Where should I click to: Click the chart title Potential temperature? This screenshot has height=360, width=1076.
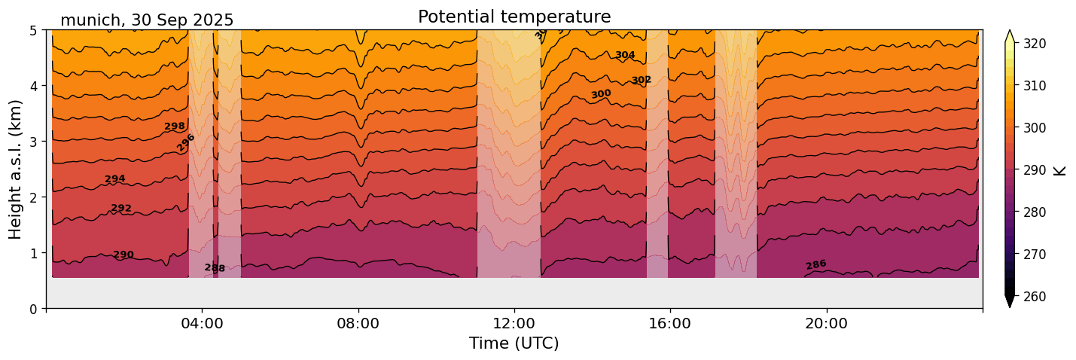[x=514, y=17]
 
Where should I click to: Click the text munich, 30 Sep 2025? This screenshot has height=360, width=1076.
[x=147, y=20]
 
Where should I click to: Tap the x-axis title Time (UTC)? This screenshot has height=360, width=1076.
[x=514, y=343]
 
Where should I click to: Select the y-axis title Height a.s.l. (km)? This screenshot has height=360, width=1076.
[x=16, y=169]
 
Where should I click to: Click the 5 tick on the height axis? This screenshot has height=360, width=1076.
[x=33, y=30]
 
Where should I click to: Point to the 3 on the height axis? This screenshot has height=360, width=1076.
[x=33, y=142]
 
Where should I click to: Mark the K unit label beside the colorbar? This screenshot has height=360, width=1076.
[x=1060, y=170]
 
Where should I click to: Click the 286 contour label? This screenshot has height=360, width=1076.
[x=816, y=264]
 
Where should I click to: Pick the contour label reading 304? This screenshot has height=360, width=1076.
[x=625, y=55]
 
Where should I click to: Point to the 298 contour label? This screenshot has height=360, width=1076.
[x=175, y=126]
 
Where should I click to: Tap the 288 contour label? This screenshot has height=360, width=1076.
[x=215, y=268]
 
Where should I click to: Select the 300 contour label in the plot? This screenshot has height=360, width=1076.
[x=601, y=94]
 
